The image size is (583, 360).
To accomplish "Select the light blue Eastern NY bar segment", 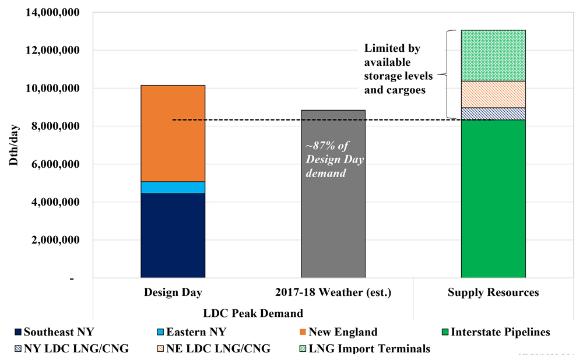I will [173, 187].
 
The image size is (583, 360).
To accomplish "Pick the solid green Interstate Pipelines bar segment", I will [493, 198].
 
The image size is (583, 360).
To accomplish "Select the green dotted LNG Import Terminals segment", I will [493, 55].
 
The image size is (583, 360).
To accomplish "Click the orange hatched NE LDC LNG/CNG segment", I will [493, 94].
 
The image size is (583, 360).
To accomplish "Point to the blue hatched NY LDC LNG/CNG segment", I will [493, 114].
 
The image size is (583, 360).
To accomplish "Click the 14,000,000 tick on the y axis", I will [51, 12].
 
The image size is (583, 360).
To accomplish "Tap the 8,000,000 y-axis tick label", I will [54, 126].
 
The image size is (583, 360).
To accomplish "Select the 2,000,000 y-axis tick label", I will [54, 240].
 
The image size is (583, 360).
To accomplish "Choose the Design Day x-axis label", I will [173, 292].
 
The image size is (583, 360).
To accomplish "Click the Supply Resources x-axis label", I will [493, 292].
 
